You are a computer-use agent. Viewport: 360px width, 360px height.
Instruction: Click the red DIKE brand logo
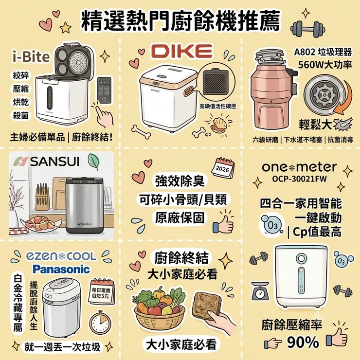point(181,51)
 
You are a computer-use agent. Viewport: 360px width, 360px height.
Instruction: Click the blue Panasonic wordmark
point(61,269)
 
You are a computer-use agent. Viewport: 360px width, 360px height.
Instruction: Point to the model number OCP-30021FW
point(299,179)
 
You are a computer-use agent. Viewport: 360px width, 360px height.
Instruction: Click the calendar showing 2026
point(222,168)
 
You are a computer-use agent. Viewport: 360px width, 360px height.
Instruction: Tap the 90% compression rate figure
point(303,342)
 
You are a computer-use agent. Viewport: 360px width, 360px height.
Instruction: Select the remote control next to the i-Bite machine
point(104,90)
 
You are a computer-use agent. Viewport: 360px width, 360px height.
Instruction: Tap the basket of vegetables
point(159,307)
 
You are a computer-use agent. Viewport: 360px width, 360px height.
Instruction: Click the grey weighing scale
point(260,291)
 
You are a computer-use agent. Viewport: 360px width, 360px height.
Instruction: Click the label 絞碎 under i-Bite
point(20,75)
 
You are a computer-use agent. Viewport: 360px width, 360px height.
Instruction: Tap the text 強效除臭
point(180,181)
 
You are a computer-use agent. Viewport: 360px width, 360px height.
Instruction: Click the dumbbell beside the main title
point(308,29)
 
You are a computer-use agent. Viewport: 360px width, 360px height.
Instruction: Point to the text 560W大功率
point(325,65)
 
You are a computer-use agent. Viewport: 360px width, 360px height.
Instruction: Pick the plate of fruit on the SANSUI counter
point(41,223)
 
